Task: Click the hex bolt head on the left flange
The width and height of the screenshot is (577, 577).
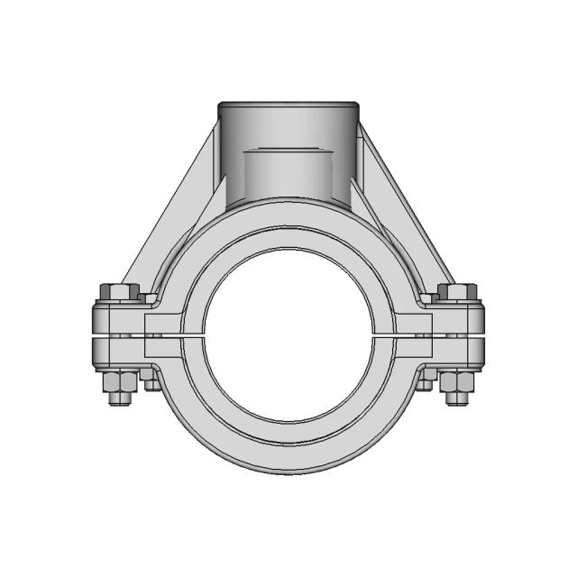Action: click(119, 293)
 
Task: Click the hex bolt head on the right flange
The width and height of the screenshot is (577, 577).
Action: click(457, 293)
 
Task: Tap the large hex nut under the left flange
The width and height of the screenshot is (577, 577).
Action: click(119, 380)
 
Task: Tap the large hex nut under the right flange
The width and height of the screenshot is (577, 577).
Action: click(457, 380)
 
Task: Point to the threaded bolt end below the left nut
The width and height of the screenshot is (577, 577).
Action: click(119, 398)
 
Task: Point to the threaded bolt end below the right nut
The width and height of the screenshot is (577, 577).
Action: click(457, 398)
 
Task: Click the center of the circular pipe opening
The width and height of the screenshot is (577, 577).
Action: click(288, 334)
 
